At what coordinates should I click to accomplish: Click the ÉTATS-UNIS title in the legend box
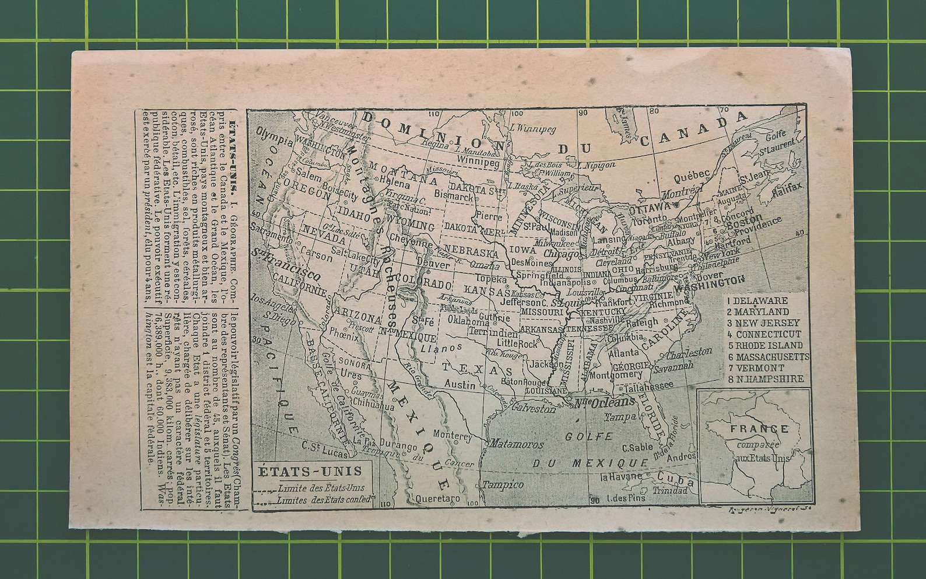pyautogui.click(x=310, y=471)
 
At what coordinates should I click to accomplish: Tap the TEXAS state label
pyautogui.click(x=477, y=369)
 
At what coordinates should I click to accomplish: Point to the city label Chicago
pyautogui.click(x=561, y=254)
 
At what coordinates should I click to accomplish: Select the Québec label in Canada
pyautogui.click(x=692, y=174)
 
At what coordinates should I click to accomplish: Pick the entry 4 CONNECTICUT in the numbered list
pyautogui.click(x=764, y=334)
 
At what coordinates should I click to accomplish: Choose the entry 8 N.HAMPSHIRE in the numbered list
pyautogui.click(x=765, y=378)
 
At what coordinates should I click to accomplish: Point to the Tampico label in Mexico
pyautogui.click(x=502, y=485)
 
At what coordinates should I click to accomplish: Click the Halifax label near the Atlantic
pyautogui.click(x=787, y=190)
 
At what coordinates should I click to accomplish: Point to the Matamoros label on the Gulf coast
pyautogui.click(x=515, y=444)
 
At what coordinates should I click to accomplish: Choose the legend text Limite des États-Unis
pyautogui.click(x=321, y=488)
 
